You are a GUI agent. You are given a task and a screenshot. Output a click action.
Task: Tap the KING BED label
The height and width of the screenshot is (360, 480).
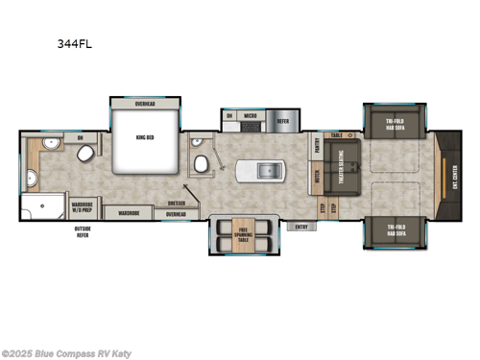146,138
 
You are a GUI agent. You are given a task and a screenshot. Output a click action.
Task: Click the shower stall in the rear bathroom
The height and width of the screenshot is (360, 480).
46,208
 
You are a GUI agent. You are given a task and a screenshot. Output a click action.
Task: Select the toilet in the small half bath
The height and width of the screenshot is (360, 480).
202,164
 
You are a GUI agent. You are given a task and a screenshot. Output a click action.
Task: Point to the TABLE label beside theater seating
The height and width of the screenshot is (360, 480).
336,136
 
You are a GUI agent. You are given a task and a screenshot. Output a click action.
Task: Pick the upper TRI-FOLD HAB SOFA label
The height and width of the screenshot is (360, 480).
395,123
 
